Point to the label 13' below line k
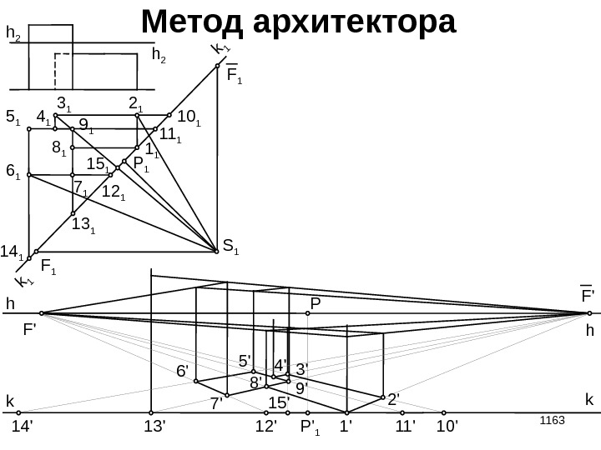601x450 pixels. pyautogui.click(x=155, y=427)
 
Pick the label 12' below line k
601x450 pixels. pyautogui.click(x=265, y=427)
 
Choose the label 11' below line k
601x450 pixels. pyautogui.click(x=406, y=427)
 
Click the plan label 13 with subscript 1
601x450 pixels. pyautogui.click(x=83, y=225)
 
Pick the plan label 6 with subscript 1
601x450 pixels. pyautogui.click(x=13, y=172)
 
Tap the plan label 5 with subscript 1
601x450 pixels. pyautogui.click(x=13, y=119)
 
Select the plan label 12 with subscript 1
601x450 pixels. pyautogui.click(x=114, y=192)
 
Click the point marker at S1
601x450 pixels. pyautogui.click(x=215, y=247)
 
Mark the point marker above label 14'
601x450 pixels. pyautogui.click(x=18, y=412)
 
